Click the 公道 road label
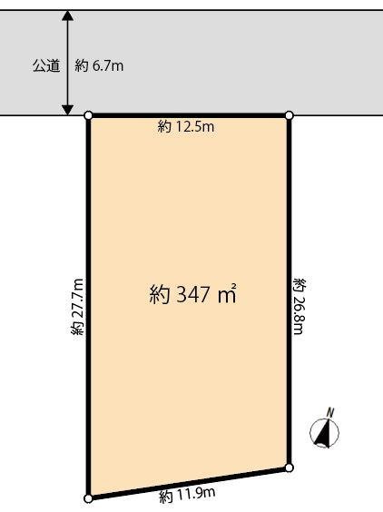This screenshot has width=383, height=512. pyautogui.click(x=46, y=66)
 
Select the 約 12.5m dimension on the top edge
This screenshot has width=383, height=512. pyautogui.click(x=186, y=128)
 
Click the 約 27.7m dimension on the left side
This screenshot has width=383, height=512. pyautogui.click(x=78, y=308)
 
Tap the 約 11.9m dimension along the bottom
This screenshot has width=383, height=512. pyautogui.click(x=187, y=495)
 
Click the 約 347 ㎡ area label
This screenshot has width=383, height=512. pyautogui.click(x=192, y=294)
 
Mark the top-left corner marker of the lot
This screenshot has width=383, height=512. pyautogui.click(x=89, y=116)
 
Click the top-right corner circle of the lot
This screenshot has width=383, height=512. pyautogui.click(x=290, y=115)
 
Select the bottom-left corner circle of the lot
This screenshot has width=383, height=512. pyautogui.click(x=89, y=498)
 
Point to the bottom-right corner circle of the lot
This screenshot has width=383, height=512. pyautogui.click(x=290, y=468)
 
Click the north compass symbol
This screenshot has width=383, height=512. pyautogui.click(x=324, y=433)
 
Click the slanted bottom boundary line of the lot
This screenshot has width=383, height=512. pyautogui.click(x=189, y=483)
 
